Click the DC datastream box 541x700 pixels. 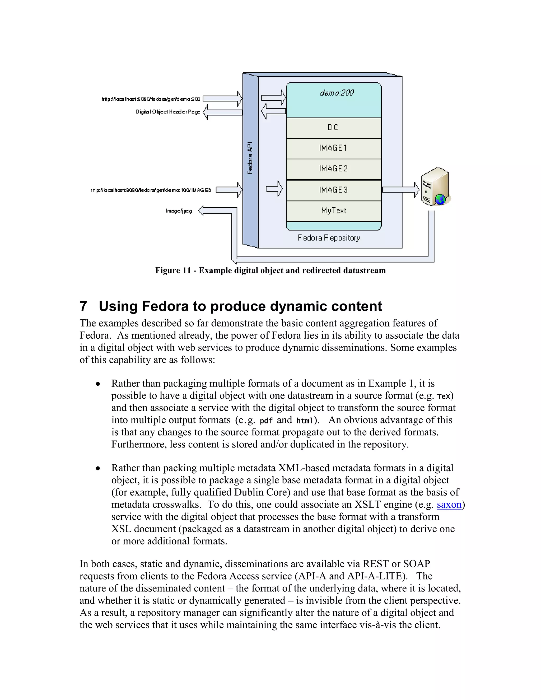point(333,128)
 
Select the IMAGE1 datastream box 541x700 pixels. point(333,148)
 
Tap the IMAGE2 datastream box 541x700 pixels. point(333,169)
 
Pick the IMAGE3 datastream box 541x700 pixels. point(333,190)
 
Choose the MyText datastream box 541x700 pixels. point(333,211)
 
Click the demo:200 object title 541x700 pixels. point(337,93)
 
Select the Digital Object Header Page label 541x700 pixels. point(168,112)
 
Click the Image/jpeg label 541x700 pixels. point(179,211)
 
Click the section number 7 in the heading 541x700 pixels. point(83,306)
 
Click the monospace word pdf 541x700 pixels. point(266,421)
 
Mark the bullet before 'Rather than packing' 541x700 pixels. point(98,469)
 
